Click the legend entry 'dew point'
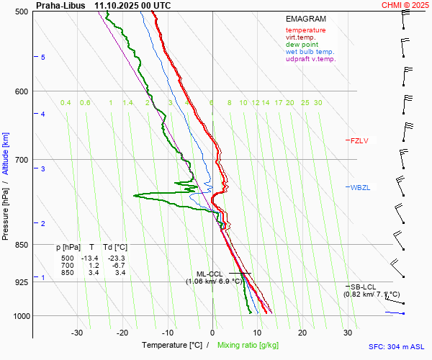[x=303, y=45]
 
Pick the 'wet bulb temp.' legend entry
[x=310, y=52]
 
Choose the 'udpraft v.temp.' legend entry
[x=310, y=59]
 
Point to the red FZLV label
[x=359, y=140]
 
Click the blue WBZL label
[x=360, y=187]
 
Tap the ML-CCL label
[x=210, y=274]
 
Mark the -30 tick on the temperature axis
[x=78, y=333]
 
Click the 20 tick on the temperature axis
[x=302, y=333]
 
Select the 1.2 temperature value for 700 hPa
[x=93, y=266]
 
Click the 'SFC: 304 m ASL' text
[x=398, y=346]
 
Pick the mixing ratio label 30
[x=318, y=103]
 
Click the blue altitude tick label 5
[x=42, y=57]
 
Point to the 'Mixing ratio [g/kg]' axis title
[x=248, y=346]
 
